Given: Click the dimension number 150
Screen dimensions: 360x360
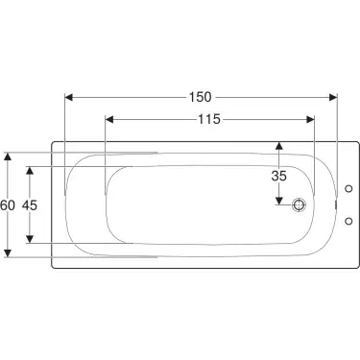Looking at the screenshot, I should tap(201, 97).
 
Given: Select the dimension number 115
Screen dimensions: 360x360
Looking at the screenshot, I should tap(209, 119).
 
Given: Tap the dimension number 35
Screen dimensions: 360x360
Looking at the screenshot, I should tap(278, 176).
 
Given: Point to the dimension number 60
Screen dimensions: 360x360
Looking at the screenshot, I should tap(8, 205).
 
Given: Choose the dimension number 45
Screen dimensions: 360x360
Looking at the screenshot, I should tap(31, 205).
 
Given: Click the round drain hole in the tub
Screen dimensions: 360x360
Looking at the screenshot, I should tap(300, 204).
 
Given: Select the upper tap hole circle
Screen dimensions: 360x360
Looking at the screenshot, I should tap(347, 188).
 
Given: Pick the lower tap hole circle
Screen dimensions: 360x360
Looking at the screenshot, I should tap(347, 222).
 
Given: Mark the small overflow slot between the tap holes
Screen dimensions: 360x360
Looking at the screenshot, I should tap(336, 204).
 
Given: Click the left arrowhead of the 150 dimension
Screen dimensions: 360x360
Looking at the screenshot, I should tap(69, 97).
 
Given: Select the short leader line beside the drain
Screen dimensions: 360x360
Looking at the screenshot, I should tap(287, 204).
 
